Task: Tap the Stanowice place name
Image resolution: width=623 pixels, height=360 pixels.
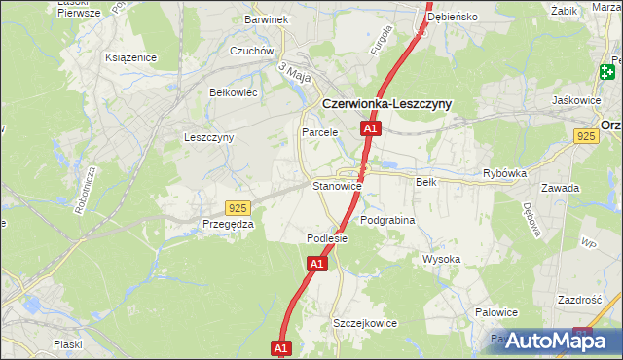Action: click(x=337, y=185)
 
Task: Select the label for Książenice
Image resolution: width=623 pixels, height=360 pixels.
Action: click(x=131, y=57)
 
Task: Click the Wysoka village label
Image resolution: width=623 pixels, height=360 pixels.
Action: click(x=441, y=259)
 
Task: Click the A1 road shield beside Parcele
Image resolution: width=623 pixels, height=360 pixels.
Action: click(x=369, y=128)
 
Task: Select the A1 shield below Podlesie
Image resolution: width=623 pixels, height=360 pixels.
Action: click(x=317, y=264)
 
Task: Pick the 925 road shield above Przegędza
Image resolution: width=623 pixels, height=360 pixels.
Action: click(x=238, y=207)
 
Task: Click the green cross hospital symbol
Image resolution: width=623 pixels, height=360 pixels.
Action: click(x=608, y=70)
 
